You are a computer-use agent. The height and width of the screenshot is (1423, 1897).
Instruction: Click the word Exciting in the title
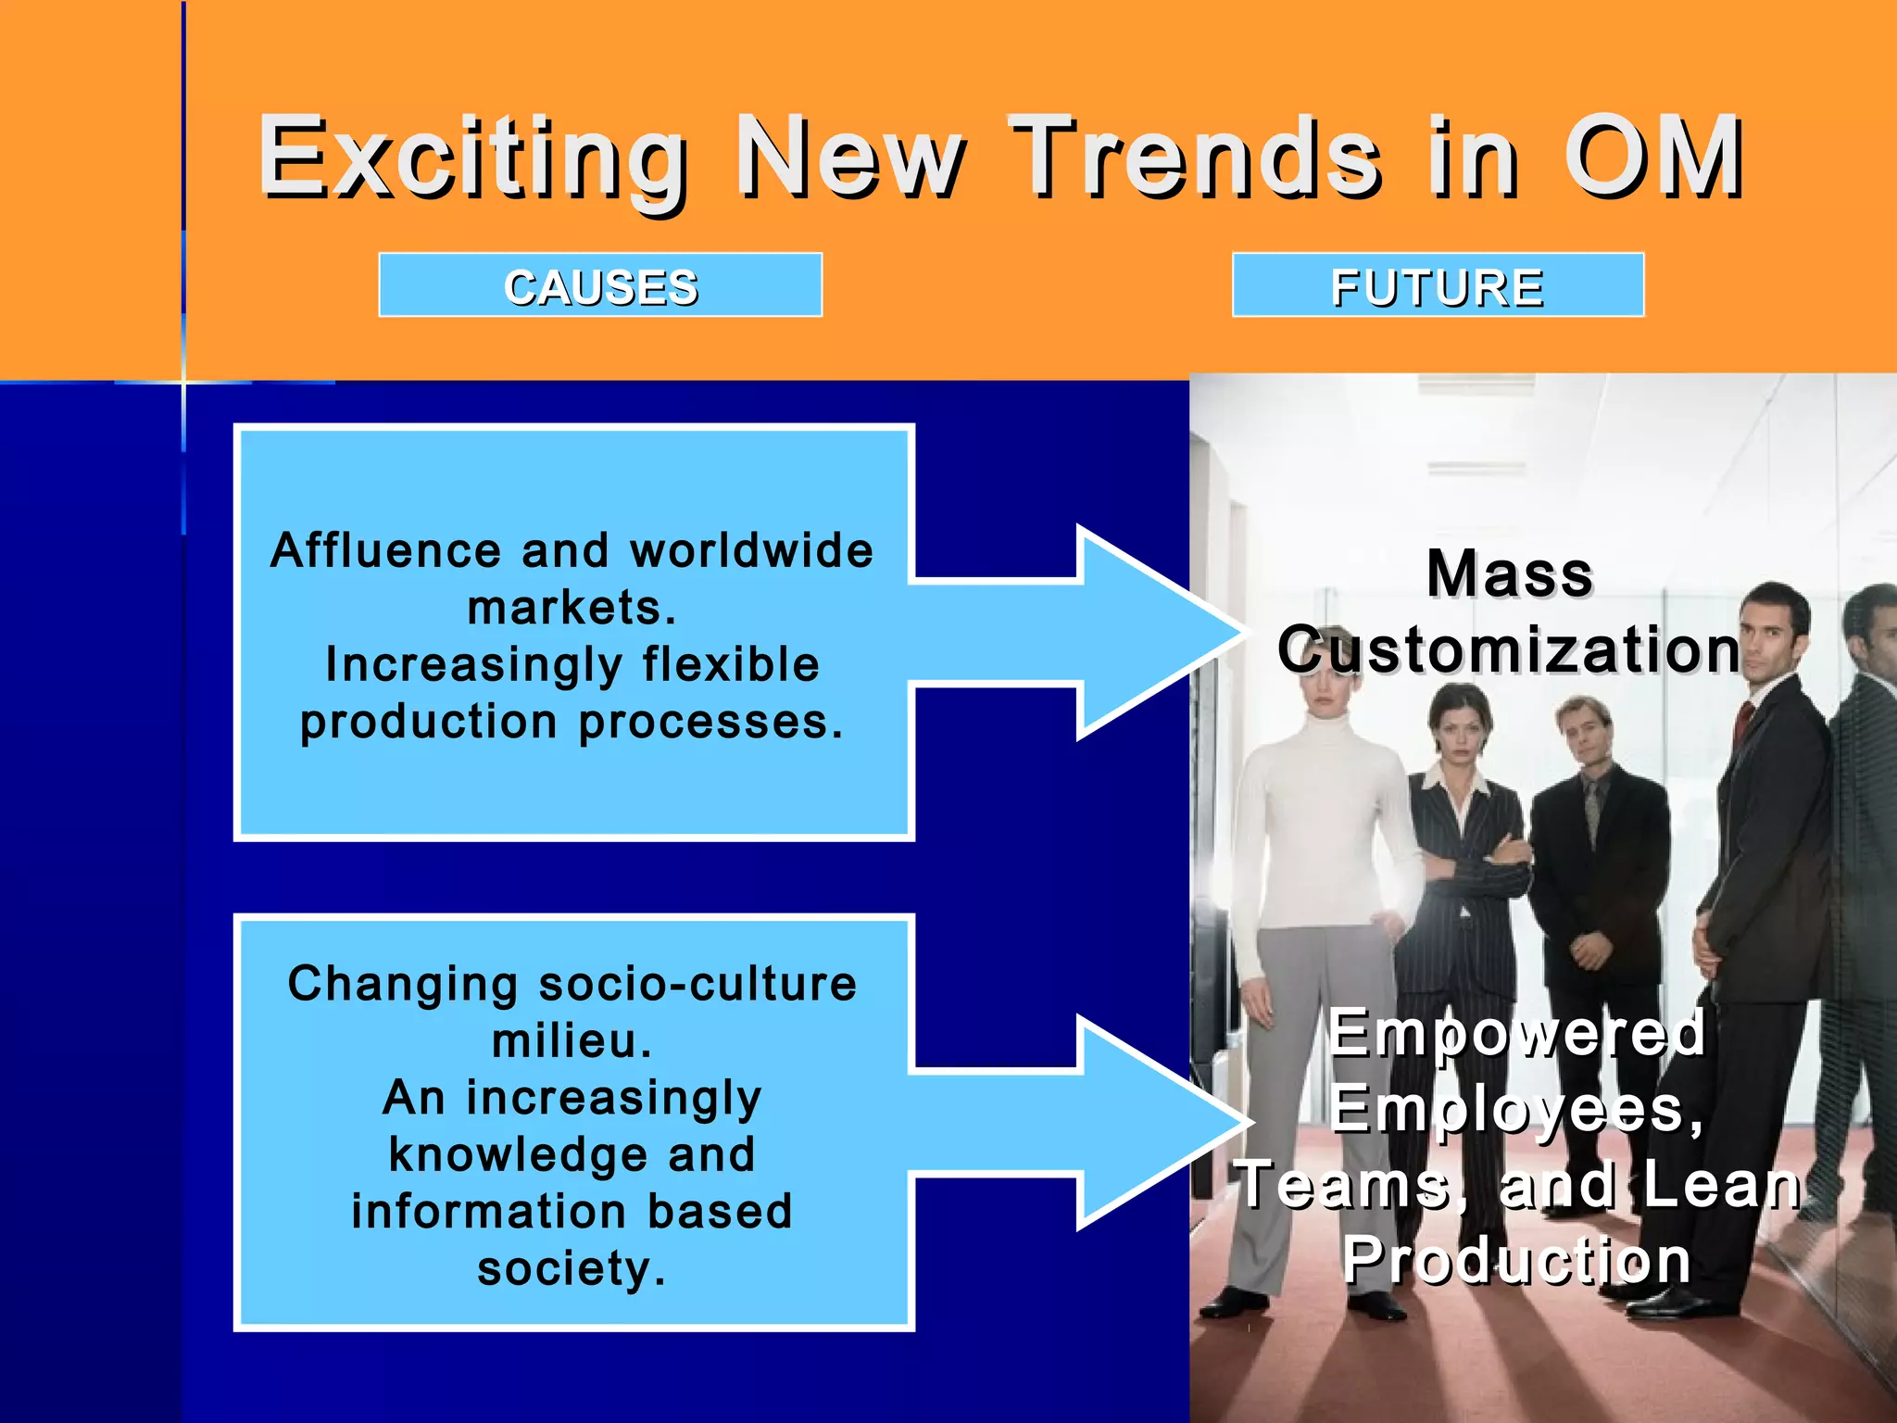[x=472, y=157]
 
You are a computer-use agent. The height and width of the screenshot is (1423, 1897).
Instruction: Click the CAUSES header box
[x=600, y=285]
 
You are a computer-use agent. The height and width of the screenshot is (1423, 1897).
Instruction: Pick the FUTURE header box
[x=1438, y=285]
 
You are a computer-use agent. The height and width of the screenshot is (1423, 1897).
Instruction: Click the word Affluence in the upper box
[x=386, y=550]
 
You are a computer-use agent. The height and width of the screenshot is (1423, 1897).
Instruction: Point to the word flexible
[x=731, y=664]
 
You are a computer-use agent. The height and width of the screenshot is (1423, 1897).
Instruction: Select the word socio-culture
[x=697, y=983]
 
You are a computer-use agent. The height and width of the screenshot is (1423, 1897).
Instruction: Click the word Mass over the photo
[x=1510, y=573]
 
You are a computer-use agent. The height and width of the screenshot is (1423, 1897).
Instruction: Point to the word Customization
[x=1510, y=649]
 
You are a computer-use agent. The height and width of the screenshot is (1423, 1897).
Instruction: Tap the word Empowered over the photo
[x=1516, y=1032]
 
